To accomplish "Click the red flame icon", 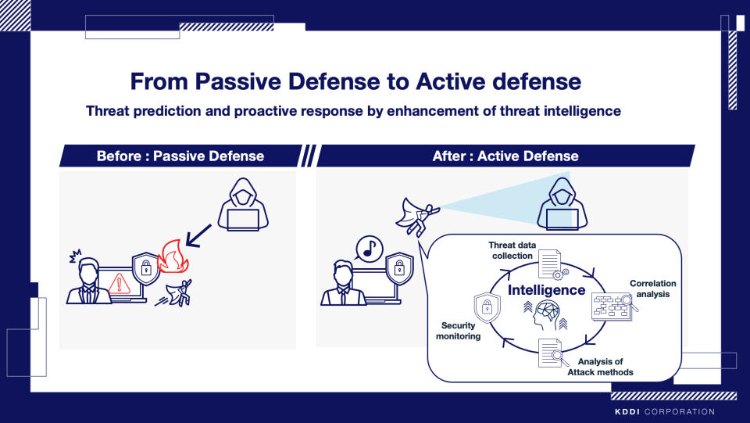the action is coord(173,256).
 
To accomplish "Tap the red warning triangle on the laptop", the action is coord(119,283).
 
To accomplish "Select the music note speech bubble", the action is coord(369,249).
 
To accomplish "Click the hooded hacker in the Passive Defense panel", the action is coord(243,205).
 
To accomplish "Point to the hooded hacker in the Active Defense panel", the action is coord(562,204).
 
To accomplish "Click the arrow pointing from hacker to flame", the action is coord(198,235).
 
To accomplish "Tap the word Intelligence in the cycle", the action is coord(546,290).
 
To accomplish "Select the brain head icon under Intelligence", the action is coord(546,315).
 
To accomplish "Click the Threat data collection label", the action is coord(512,250).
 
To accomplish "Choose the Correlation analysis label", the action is coord(653,289).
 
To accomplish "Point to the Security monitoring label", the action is coord(459,331).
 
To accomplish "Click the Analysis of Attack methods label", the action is coord(600,367).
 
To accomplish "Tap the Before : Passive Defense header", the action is coord(180,156).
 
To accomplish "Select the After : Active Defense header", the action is coord(505,156).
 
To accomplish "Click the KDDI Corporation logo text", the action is coord(665,411).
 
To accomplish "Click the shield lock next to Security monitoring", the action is coord(487,307).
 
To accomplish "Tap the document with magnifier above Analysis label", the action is coord(553,353).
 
